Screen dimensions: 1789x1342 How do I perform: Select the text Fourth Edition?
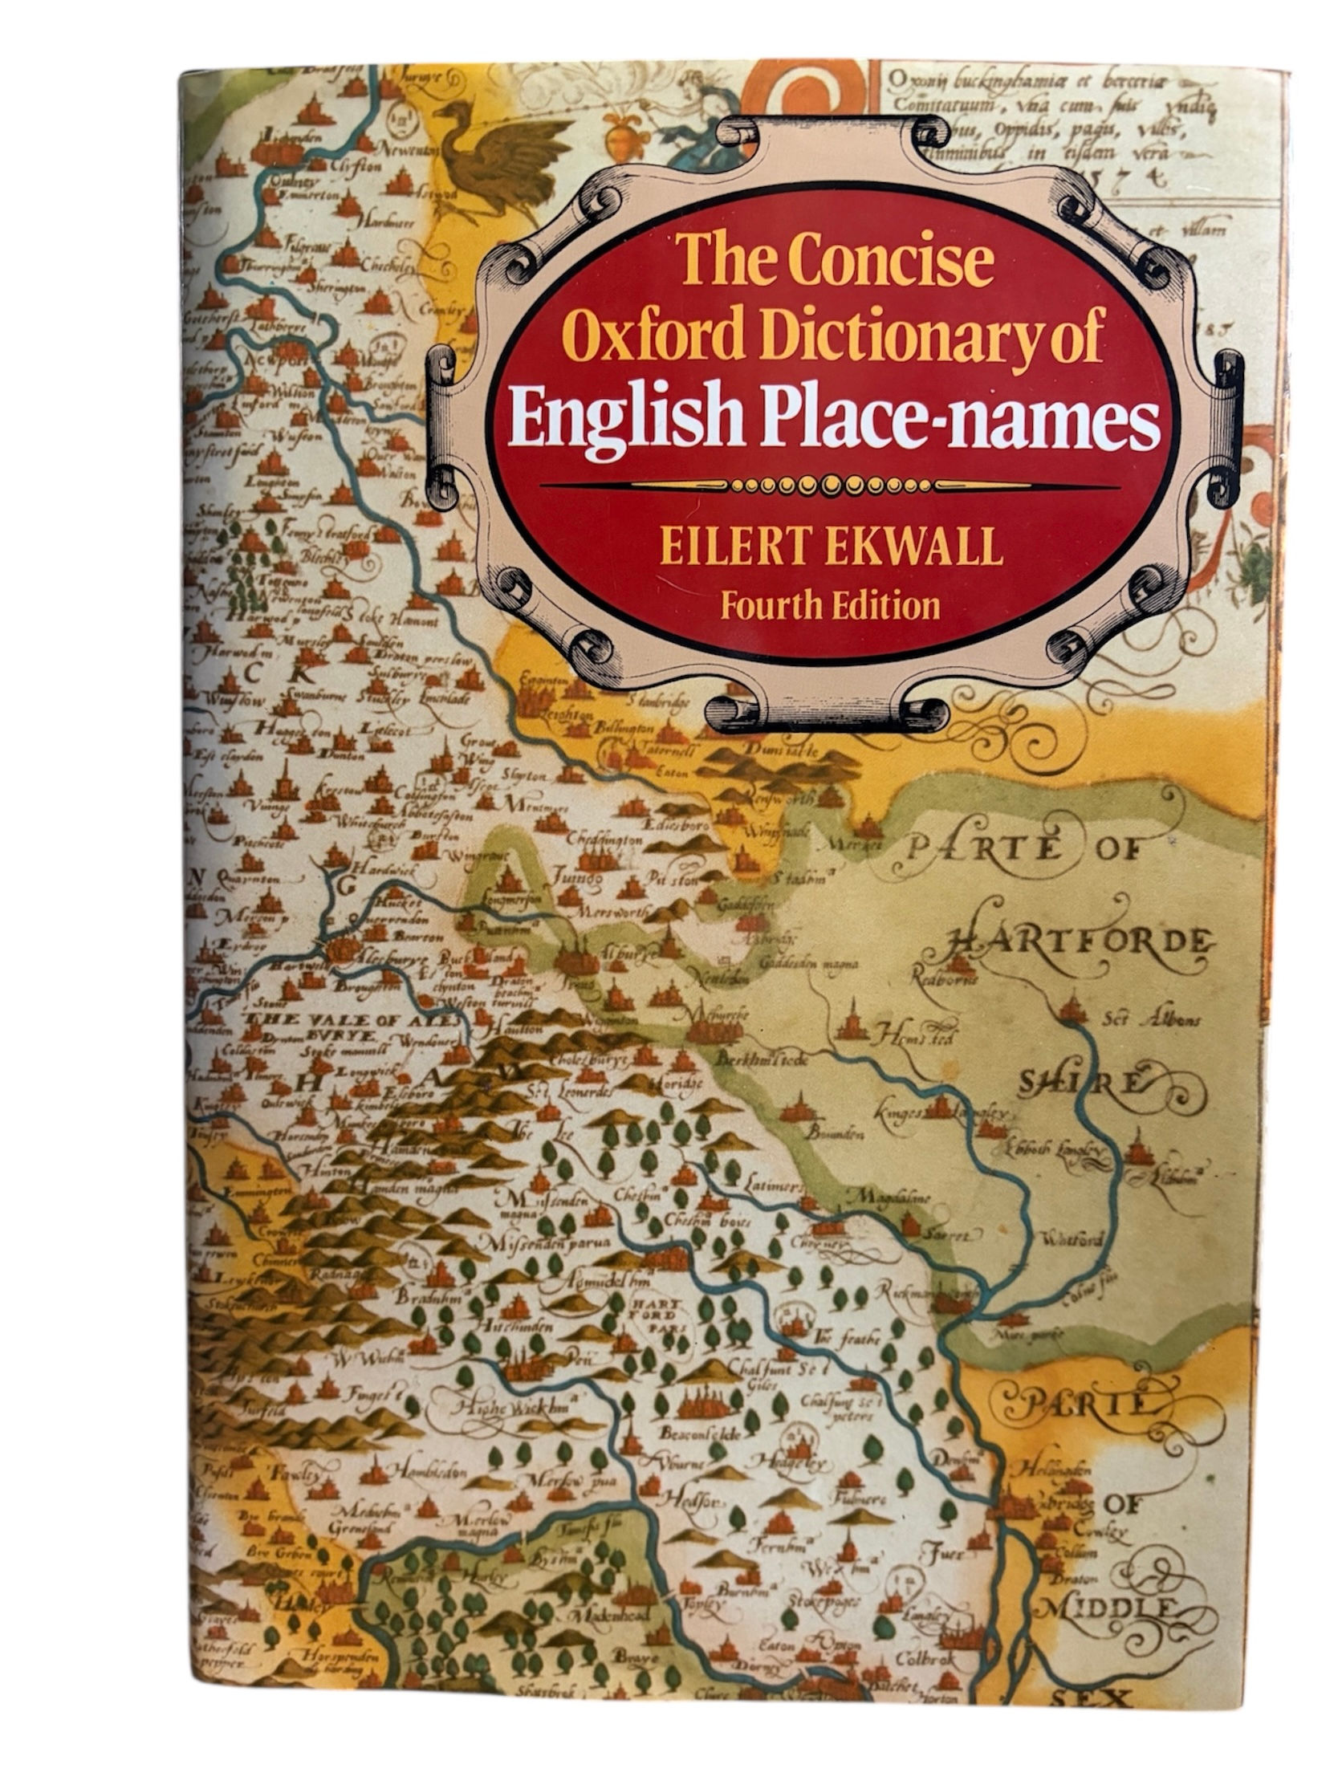point(830,604)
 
